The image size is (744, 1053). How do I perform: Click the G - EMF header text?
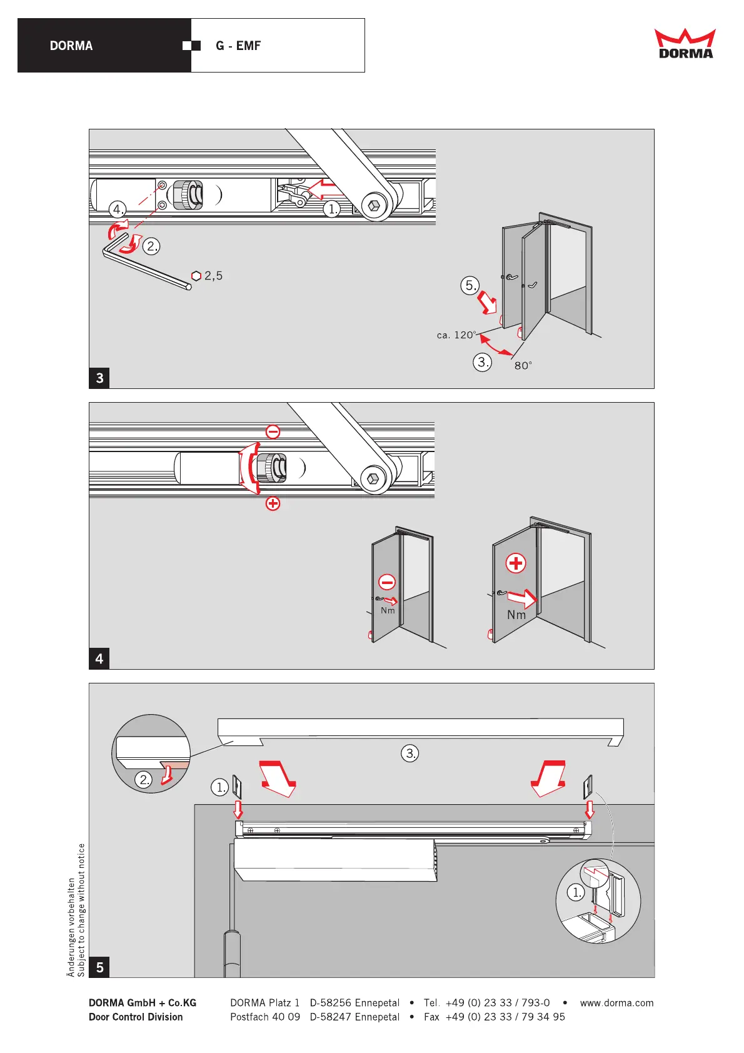(238, 46)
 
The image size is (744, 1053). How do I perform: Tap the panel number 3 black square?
(99, 378)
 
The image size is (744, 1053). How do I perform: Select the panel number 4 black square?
(99, 658)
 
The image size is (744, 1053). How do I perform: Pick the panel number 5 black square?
(99, 967)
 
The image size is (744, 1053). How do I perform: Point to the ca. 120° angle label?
(456, 335)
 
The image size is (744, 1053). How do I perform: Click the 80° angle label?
(523, 366)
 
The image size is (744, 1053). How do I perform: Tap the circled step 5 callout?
(470, 286)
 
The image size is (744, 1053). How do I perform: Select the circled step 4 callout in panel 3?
(118, 209)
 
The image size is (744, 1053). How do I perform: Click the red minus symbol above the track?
(273, 431)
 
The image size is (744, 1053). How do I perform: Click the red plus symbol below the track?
(273, 503)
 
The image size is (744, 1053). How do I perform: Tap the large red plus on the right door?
(516, 563)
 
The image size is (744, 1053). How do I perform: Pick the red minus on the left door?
(387, 582)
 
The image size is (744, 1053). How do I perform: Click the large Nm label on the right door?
(516, 615)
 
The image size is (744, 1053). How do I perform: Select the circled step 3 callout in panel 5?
(410, 753)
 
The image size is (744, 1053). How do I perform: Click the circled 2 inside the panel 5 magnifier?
(144, 779)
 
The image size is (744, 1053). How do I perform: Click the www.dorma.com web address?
(616, 1003)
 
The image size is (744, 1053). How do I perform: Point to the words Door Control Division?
(136, 1017)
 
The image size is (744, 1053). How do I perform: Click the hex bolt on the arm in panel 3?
(374, 206)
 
